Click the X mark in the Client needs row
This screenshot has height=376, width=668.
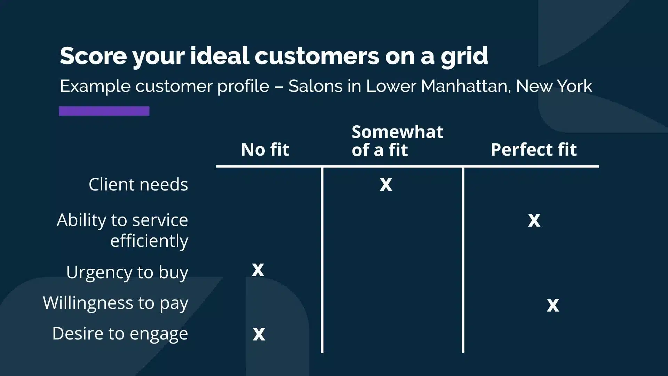pos(386,185)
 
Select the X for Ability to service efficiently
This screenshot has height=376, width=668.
pos(534,220)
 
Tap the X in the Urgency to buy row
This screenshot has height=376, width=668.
pos(258,270)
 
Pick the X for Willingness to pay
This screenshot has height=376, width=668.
pos(553,305)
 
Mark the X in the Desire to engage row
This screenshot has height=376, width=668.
pos(259,334)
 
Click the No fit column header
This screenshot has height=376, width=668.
pos(265,150)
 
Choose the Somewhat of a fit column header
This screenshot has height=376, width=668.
pos(397,141)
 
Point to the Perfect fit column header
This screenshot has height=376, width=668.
pos(534,150)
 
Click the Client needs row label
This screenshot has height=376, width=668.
pos(138,184)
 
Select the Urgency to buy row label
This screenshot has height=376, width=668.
pos(127,273)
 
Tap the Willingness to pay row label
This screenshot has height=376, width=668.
pos(116,303)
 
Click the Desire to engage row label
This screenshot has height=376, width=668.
pos(120,334)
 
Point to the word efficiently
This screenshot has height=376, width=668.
pos(149,241)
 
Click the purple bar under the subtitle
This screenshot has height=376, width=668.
pos(104,111)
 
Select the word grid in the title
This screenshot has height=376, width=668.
pos(464,56)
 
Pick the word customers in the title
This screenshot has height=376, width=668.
pos(317,56)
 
